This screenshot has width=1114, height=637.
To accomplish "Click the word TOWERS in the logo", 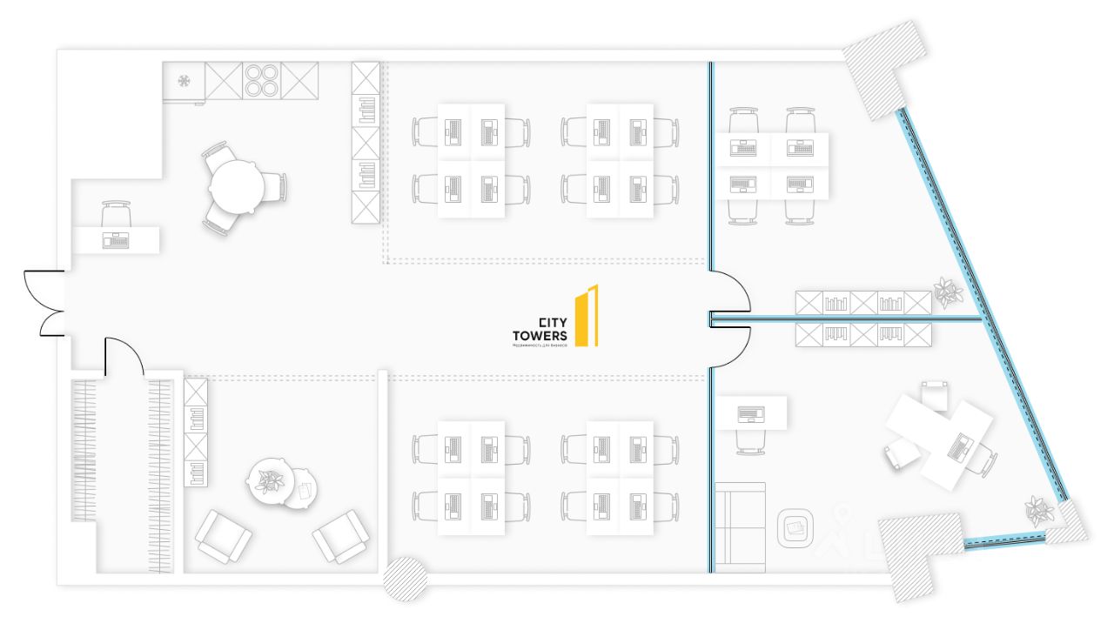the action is click(540, 334).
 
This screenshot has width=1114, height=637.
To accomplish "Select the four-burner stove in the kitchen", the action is click(261, 81).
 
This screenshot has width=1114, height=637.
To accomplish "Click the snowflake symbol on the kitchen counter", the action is click(185, 81).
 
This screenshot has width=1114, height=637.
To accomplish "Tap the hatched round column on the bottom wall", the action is click(405, 578).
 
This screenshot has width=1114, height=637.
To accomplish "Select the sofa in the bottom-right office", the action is click(740, 527).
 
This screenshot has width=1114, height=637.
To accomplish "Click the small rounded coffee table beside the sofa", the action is click(795, 527).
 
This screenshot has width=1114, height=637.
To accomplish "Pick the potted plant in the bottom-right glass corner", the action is click(1038, 510).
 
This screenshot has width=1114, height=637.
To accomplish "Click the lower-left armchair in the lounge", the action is click(223, 534).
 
